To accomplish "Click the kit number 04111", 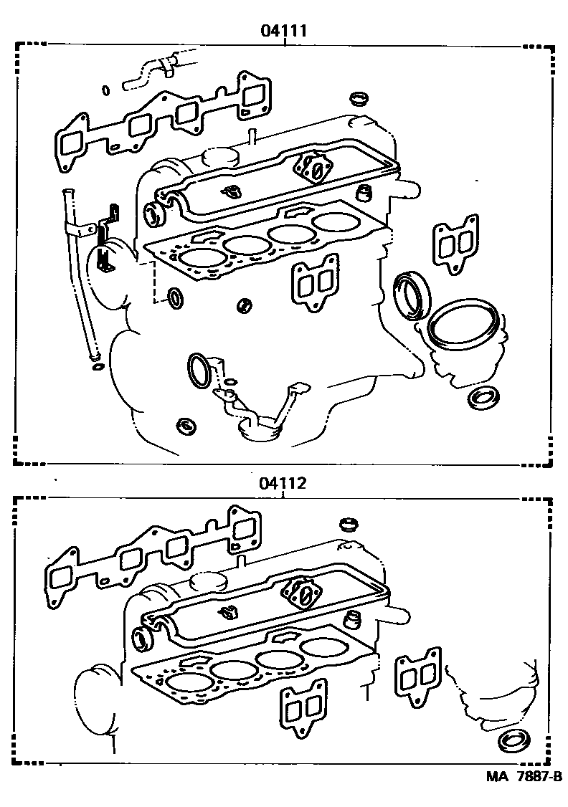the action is point(285,31).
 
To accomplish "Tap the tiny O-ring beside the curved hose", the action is point(105,90).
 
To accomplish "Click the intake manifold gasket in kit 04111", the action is point(158,122).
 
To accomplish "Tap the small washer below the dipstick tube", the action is point(97,368).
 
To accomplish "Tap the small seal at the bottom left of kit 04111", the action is point(186,426).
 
